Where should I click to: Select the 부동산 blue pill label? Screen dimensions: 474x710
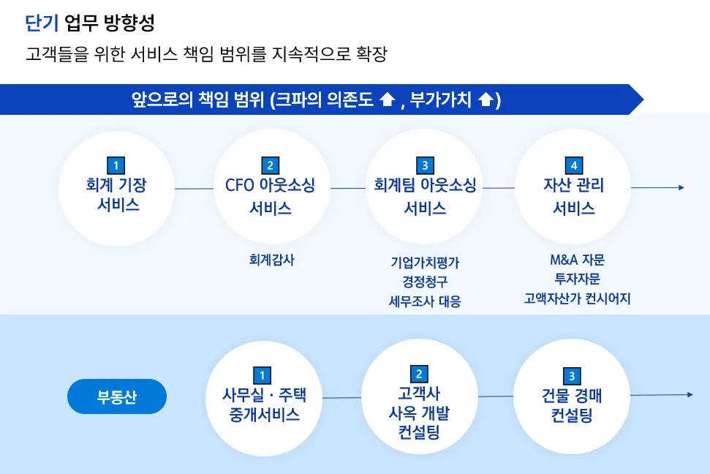pos(117,397)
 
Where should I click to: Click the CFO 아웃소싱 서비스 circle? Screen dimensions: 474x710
pos(271,188)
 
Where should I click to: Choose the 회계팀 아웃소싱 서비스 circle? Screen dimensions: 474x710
pos(425,188)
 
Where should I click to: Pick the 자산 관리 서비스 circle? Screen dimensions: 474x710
pos(574,188)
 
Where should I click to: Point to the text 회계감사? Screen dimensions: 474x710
pos(271,259)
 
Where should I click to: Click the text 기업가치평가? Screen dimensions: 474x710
pos(425,262)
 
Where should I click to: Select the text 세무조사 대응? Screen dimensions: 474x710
pos(425,301)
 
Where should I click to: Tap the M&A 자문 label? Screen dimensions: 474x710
pos(577,260)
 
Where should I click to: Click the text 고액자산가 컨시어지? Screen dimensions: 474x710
pos(577,298)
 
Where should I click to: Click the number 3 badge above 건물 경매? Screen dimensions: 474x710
pos(572,376)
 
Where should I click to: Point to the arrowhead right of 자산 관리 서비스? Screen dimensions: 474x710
pos(681,187)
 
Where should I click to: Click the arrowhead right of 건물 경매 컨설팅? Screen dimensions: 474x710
pos(689,395)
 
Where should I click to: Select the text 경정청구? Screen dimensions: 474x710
pos(425,282)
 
